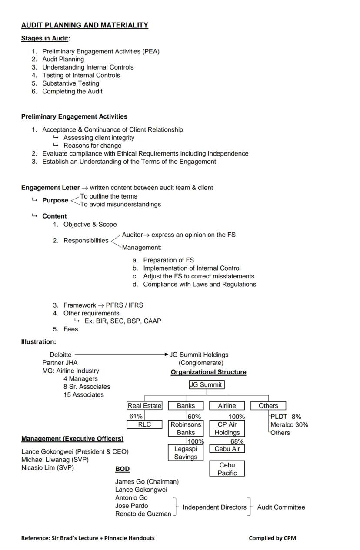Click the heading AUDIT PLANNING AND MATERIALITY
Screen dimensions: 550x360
(85, 25)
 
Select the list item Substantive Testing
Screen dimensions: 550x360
(70, 83)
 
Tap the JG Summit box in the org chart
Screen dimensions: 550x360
(207, 384)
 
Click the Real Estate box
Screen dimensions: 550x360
(144, 405)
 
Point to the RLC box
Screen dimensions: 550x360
(144, 424)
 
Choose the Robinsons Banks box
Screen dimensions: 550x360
(186, 428)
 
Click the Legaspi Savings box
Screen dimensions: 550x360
(186, 453)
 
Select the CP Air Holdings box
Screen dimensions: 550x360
(227, 428)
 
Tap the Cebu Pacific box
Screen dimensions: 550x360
(227, 469)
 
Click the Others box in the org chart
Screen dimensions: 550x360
(268, 405)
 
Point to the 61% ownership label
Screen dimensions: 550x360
(136, 416)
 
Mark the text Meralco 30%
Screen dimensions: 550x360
(289, 424)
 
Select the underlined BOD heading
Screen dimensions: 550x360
(122, 469)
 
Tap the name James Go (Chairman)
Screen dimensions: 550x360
(147, 481)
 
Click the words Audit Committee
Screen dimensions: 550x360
(281, 507)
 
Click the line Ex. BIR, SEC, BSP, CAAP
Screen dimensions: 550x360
(123, 321)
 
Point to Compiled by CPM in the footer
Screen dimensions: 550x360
(272, 538)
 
